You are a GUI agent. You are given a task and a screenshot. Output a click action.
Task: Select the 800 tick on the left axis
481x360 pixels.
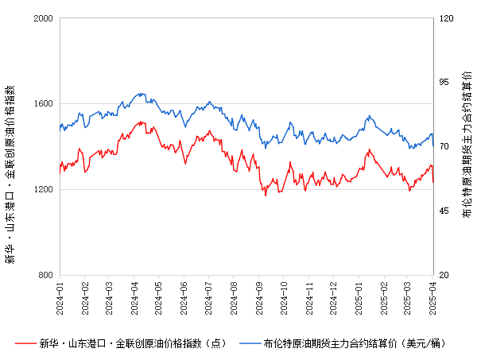[46, 275]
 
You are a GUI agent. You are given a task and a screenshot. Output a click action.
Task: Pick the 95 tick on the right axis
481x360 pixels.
[445, 82]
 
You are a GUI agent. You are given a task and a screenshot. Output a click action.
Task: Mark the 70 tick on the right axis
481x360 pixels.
[445, 146]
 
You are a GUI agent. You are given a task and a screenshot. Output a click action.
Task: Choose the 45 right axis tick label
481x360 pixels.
[445, 211]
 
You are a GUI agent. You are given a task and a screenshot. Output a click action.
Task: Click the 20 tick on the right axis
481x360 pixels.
[445, 275]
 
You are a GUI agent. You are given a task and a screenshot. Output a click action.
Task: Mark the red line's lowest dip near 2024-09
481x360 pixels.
[266, 195]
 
